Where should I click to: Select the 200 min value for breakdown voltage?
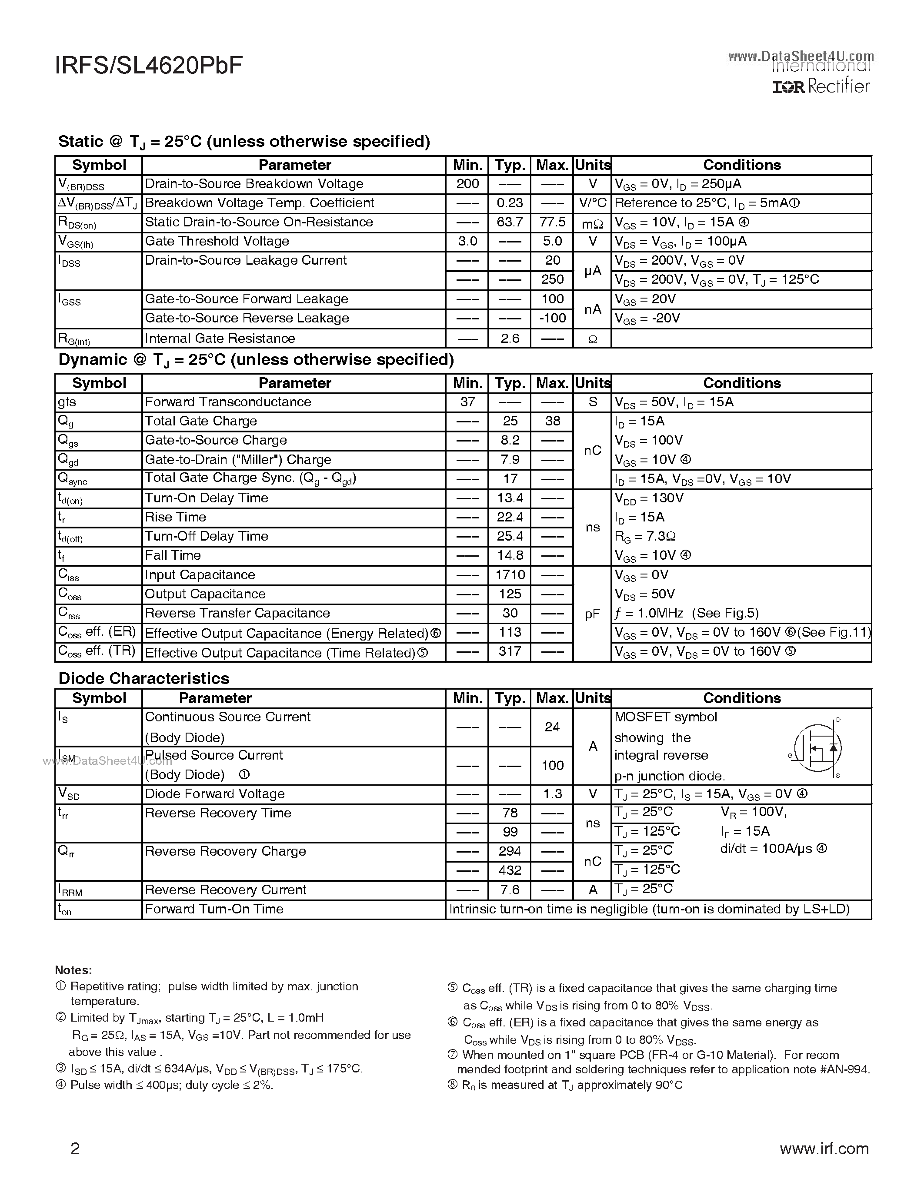click(x=467, y=184)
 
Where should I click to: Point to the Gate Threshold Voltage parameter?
click(x=217, y=241)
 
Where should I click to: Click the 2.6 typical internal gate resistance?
click(x=510, y=339)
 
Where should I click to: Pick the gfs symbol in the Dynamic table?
click(x=67, y=402)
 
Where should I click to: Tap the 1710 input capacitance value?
click(x=510, y=575)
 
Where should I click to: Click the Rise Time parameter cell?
click(x=175, y=517)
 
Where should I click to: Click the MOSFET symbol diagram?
click(x=817, y=748)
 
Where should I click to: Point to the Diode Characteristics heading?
click(x=143, y=678)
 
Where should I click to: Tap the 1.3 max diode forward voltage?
click(x=552, y=794)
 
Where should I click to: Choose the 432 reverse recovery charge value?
click(x=510, y=870)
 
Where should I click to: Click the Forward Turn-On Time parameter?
click(x=214, y=909)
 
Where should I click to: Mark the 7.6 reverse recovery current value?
click(x=510, y=890)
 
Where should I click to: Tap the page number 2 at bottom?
click(x=75, y=1148)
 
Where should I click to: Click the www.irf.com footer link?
click(x=824, y=1148)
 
